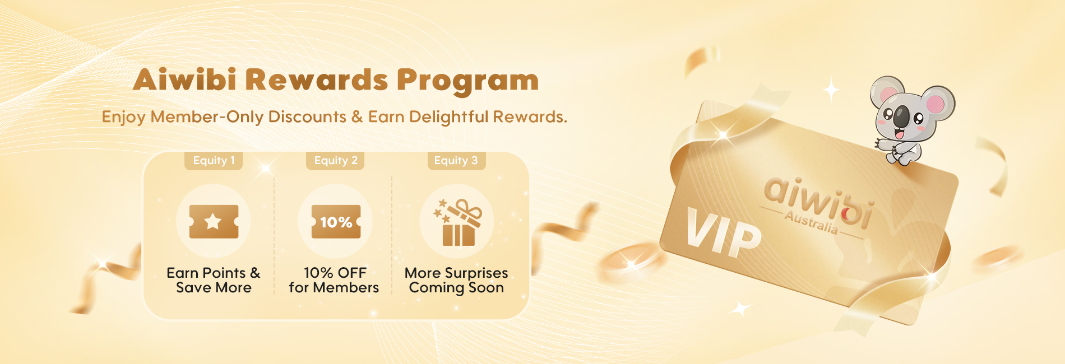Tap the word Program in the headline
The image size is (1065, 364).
(468, 81)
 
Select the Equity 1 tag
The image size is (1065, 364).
(214, 161)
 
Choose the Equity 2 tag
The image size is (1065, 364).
(335, 161)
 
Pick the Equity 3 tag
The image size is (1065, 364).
(456, 161)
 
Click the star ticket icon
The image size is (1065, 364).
(214, 222)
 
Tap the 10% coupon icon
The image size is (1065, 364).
(336, 222)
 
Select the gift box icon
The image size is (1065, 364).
(458, 222)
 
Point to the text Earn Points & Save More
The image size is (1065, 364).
(214, 280)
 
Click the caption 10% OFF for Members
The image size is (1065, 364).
(334, 280)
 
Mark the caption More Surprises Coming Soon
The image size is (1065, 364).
(456, 281)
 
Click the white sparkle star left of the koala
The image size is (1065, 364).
(831, 90)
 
